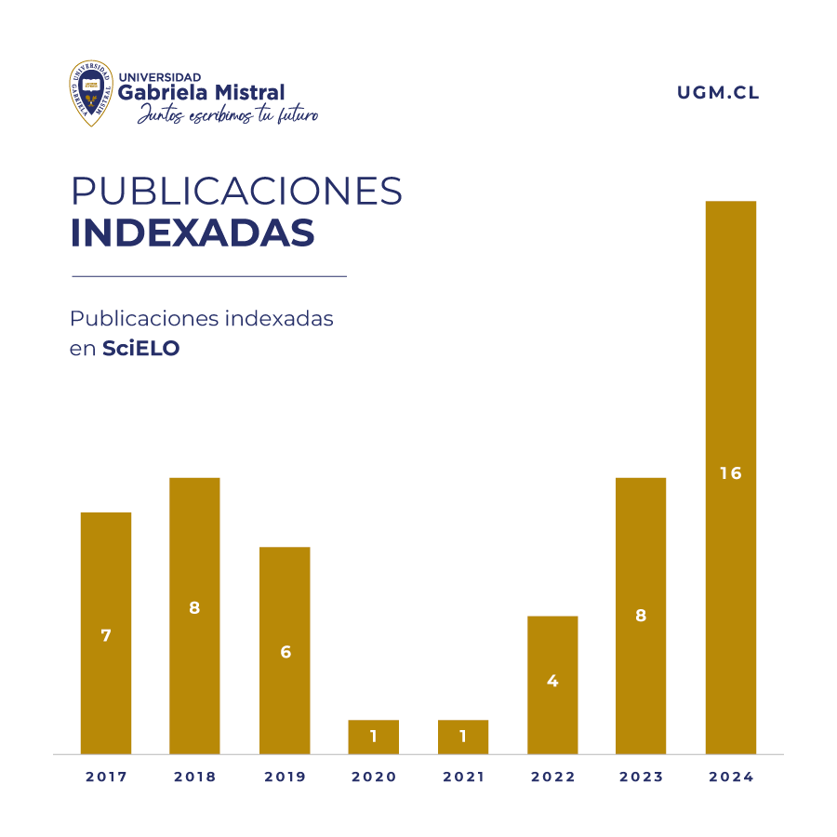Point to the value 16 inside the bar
731,473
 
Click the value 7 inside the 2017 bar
106,636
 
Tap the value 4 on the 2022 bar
552,681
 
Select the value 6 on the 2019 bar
286,652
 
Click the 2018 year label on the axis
194,777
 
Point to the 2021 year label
463,777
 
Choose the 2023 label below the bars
641,777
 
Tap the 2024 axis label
731,777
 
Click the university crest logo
91,93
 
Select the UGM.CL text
719,93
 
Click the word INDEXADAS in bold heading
193,233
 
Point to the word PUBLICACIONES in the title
237,191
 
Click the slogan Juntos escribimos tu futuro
228,115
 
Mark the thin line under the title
209,276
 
